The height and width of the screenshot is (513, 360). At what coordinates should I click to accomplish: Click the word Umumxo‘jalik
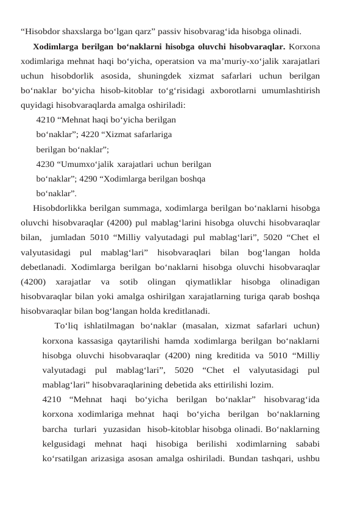pos(83,165)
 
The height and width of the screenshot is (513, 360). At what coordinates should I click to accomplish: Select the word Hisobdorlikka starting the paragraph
pos(60,208)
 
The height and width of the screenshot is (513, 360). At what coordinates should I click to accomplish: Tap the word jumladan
pos(71,238)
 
